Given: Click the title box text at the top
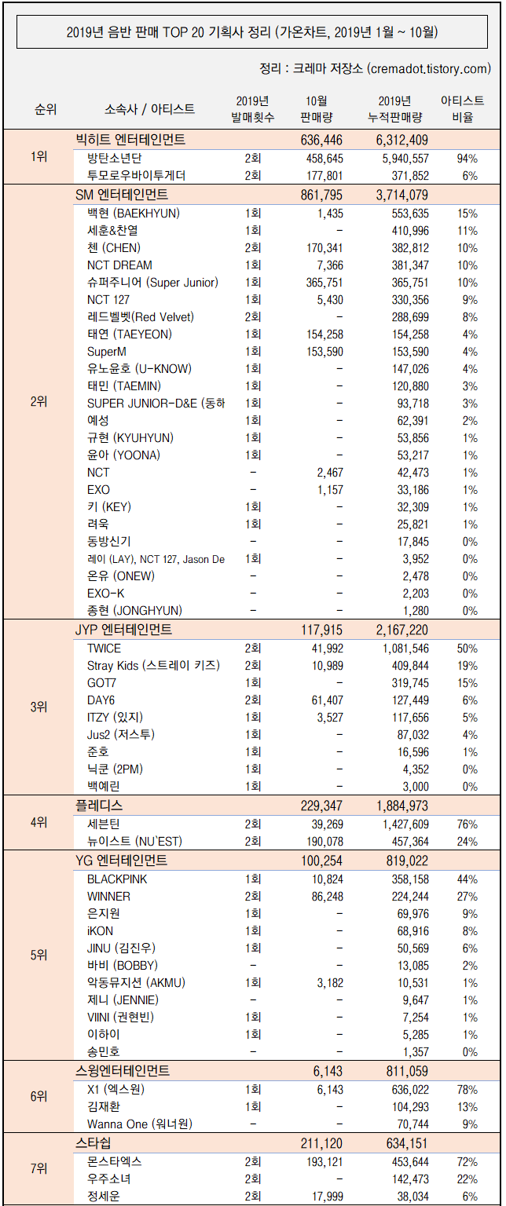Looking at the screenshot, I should [252, 32].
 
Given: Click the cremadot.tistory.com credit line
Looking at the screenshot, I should [374, 69].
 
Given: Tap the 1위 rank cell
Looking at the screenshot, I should [38, 156].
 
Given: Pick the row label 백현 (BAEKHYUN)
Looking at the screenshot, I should [134, 213].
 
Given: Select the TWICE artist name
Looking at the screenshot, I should [104, 648].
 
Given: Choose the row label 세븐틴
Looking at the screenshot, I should [103, 824].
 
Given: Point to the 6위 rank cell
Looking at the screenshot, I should [38, 1096].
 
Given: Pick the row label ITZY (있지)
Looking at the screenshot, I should [115, 717].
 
